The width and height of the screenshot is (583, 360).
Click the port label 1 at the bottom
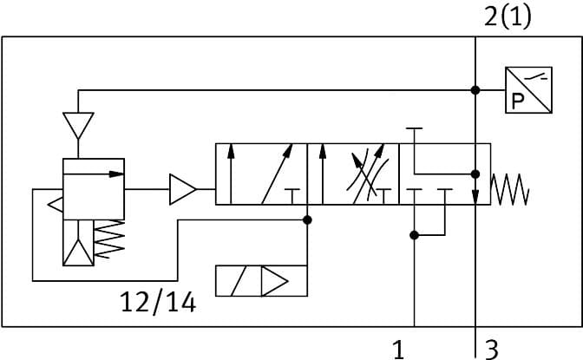pyautogui.click(x=398, y=349)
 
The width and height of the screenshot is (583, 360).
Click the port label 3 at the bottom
pyautogui.click(x=491, y=349)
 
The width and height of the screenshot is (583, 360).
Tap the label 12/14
pyautogui.click(x=159, y=302)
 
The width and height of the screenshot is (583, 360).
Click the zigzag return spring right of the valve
pyautogui.click(x=510, y=189)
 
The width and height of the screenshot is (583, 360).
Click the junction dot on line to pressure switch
pyautogui.click(x=475, y=90)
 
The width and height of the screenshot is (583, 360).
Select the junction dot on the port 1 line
pyautogui.click(x=415, y=234)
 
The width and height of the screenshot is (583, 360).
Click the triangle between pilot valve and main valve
pyautogui.click(x=182, y=188)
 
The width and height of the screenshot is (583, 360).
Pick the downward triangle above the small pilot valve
pyautogui.click(x=78, y=127)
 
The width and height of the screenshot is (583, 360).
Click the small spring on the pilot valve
pyautogui.click(x=109, y=239)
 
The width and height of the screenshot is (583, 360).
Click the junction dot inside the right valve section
pyautogui.click(x=475, y=172)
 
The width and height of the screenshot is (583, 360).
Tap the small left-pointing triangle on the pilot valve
pyautogui.click(x=55, y=205)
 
